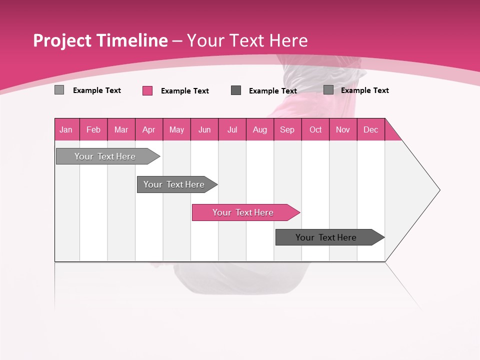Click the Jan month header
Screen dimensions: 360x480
tap(66, 129)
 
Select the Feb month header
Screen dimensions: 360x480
tap(93, 129)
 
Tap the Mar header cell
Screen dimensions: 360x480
tap(121, 129)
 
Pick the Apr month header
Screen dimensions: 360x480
tap(149, 129)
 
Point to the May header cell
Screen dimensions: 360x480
tap(176, 129)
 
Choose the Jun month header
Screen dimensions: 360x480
tap(204, 129)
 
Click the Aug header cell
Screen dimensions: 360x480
tap(260, 129)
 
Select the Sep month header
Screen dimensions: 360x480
tap(287, 129)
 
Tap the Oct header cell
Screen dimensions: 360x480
tap(315, 129)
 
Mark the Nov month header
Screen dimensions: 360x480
tap(343, 129)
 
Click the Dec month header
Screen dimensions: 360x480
tap(371, 129)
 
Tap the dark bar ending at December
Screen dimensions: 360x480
tap(327, 237)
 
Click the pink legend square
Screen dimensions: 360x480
tap(147, 90)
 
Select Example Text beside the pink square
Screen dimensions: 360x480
tap(185, 91)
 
